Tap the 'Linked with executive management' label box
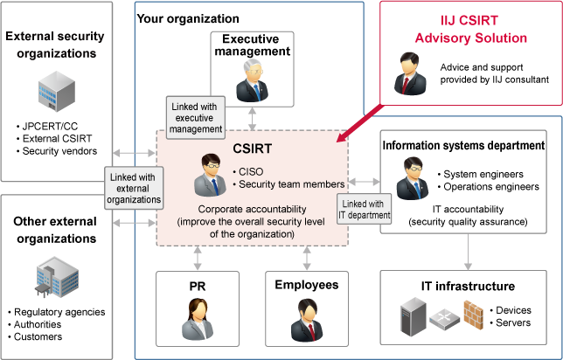(x=197, y=117)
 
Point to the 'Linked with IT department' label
(x=363, y=210)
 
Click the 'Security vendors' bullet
(x=56, y=151)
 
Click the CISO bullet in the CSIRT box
(x=251, y=171)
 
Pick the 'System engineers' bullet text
(x=484, y=174)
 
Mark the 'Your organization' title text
(x=189, y=17)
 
